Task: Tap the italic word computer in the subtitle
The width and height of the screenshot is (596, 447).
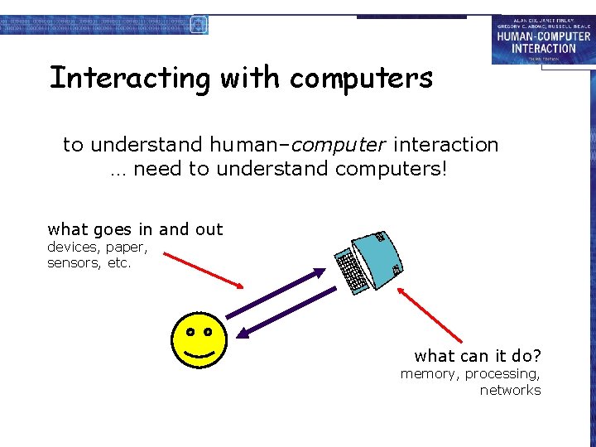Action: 338,145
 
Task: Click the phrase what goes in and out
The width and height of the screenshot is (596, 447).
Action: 135,229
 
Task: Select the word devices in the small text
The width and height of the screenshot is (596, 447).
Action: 71,247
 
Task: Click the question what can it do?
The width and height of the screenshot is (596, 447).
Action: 478,356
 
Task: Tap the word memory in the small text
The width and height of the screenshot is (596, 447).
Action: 428,374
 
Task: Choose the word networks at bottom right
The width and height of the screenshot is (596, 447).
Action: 510,391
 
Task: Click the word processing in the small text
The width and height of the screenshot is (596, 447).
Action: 502,374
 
